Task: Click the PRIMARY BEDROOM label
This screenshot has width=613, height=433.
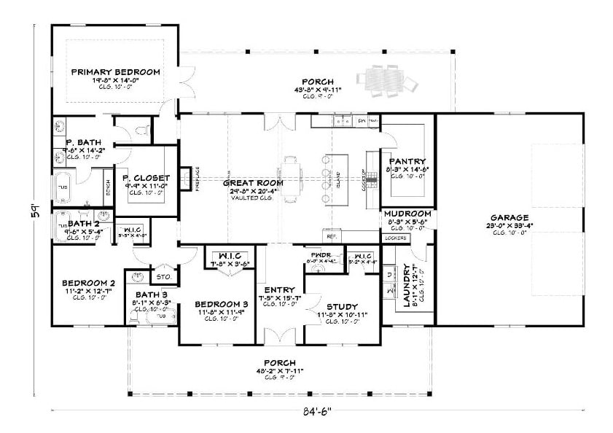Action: pos(115,71)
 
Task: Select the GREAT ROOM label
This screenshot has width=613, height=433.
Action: pos(248,183)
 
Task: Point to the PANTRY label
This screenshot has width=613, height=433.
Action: pos(407,161)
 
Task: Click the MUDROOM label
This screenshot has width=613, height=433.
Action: pos(407,214)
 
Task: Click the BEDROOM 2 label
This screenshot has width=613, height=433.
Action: pos(88,283)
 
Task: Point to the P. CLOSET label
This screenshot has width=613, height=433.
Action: pos(146,178)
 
